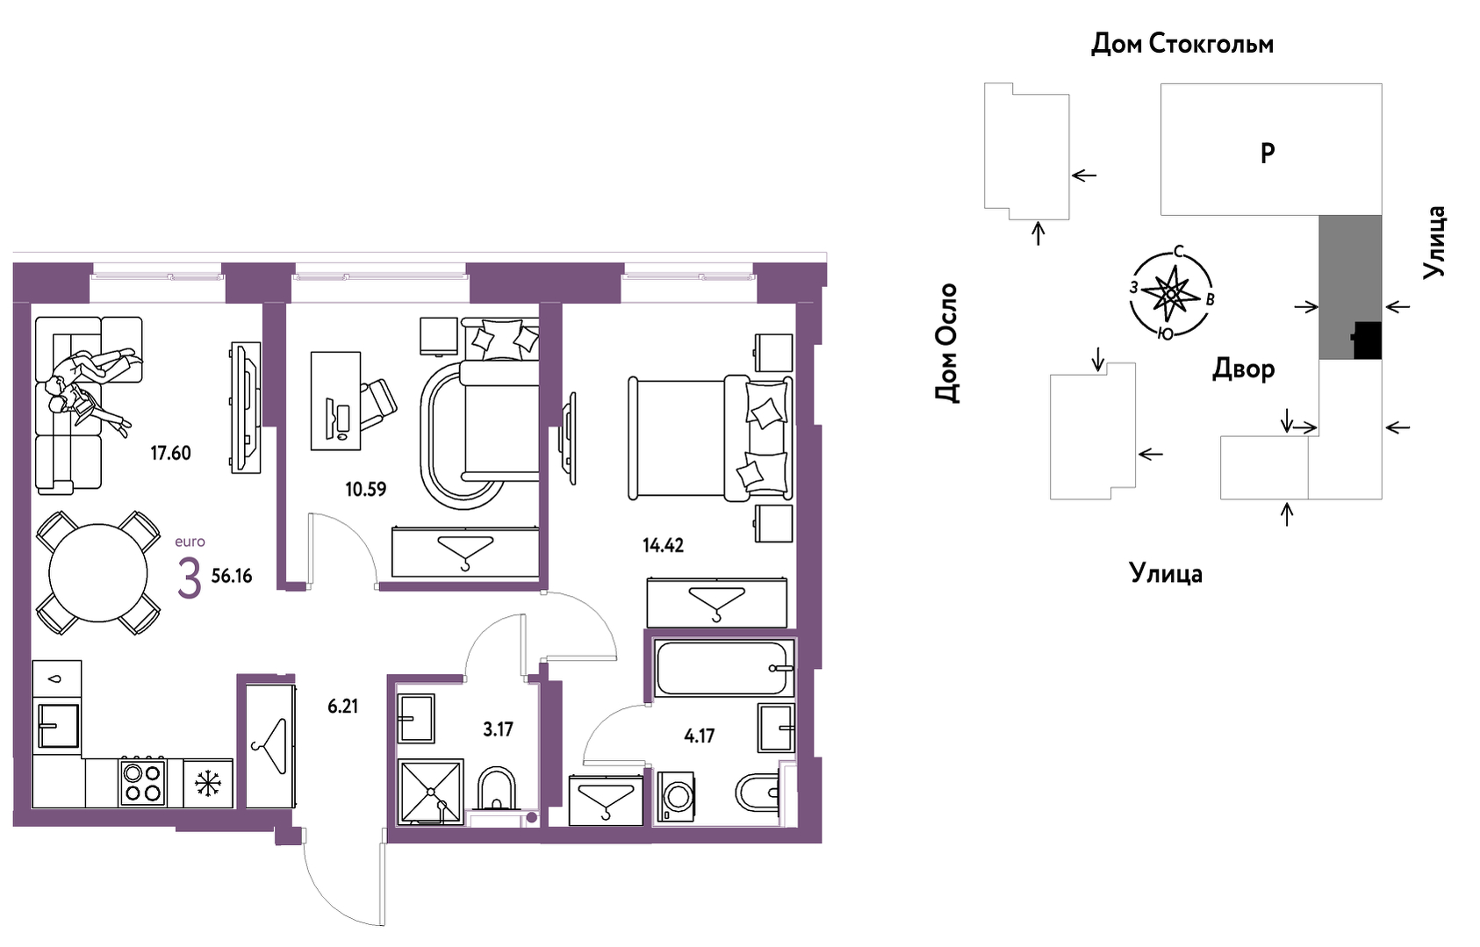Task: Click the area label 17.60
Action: (170, 453)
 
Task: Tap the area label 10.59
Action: (365, 490)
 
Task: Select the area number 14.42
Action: (663, 546)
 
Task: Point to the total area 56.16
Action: (231, 576)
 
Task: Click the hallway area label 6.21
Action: (343, 707)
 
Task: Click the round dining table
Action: (97, 572)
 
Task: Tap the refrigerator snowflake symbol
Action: (207, 784)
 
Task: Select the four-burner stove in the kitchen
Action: (142, 783)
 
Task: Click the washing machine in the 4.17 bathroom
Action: (674, 796)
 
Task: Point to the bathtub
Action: (725, 668)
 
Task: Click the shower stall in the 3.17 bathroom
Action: (430, 792)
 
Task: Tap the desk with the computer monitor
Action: (336, 401)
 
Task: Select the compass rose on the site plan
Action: (1171, 292)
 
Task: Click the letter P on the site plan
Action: (1268, 154)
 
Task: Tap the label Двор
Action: (1244, 369)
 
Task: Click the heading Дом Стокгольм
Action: (1182, 44)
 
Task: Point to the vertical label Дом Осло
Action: (946, 343)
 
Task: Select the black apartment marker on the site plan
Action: (1367, 341)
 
